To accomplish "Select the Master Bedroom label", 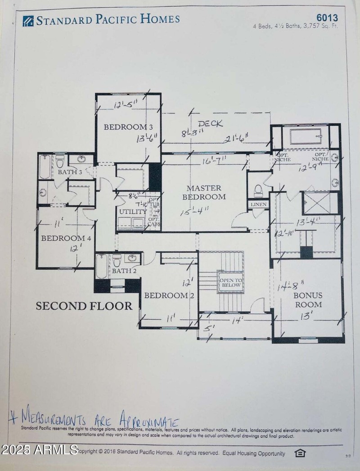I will pos(204,192).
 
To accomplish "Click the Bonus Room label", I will pos(308,300).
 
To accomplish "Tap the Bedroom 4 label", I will pos(66,238).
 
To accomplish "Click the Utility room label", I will pos(133,212).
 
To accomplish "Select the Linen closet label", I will pos(258,204).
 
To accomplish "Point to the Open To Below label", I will pos(230,282).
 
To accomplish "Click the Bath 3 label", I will pos(70,172).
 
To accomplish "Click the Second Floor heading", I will pos(84,306).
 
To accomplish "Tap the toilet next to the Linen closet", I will pos(258,190).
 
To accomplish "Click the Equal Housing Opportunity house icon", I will pos(300,453).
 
